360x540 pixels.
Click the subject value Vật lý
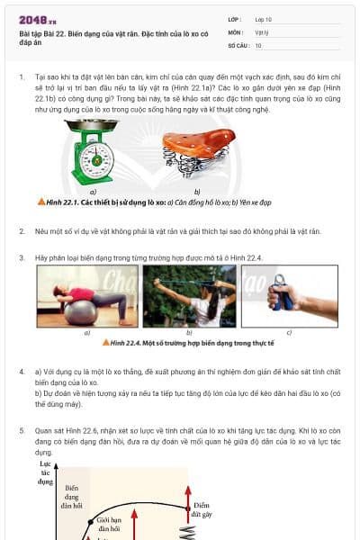point(264,31)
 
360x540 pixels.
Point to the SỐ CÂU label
point(237,44)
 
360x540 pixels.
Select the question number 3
point(22,258)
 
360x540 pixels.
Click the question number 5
point(22,432)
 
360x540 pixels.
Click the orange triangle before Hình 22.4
point(105,343)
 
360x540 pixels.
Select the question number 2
point(22,231)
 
